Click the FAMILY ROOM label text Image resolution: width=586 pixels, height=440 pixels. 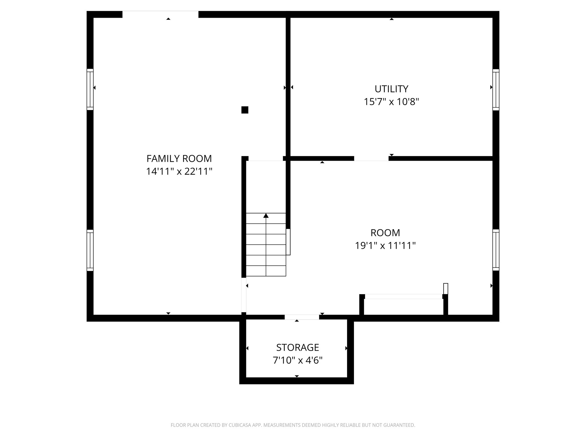pyautogui.click(x=179, y=158)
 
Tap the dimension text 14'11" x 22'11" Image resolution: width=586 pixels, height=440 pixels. pyautogui.click(x=179, y=172)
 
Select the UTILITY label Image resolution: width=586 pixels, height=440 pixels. pyautogui.click(x=391, y=89)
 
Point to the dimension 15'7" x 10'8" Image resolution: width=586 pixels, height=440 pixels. pyautogui.click(x=391, y=102)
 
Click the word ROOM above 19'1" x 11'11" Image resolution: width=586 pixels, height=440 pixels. pyautogui.click(x=385, y=233)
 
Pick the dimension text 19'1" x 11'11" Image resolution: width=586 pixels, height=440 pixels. pyautogui.click(x=385, y=245)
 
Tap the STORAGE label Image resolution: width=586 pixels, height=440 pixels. pyautogui.click(x=298, y=347)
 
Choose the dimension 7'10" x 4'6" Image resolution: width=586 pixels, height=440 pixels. pyautogui.click(x=298, y=360)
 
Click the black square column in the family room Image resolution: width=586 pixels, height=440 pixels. pyautogui.click(x=245, y=110)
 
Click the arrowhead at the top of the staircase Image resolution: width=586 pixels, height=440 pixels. pyautogui.click(x=266, y=215)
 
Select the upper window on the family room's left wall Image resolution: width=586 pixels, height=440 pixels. pyautogui.click(x=90, y=89)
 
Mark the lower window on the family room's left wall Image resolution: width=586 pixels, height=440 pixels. pyautogui.click(x=90, y=250)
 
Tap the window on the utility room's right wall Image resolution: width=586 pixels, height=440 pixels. pyautogui.click(x=496, y=90)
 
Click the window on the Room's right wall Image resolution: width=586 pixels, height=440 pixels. pyautogui.click(x=496, y=250)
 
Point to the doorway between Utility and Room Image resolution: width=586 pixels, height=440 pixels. pyautogui.click(x=371, y=158)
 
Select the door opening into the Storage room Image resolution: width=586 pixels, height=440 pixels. pyautogui.click(x=302, y=317)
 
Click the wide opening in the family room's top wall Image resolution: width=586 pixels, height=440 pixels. pyautogui.click(x=160, y=14)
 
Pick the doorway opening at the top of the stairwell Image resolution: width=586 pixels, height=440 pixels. pyautogui.click(x=266, y=159)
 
